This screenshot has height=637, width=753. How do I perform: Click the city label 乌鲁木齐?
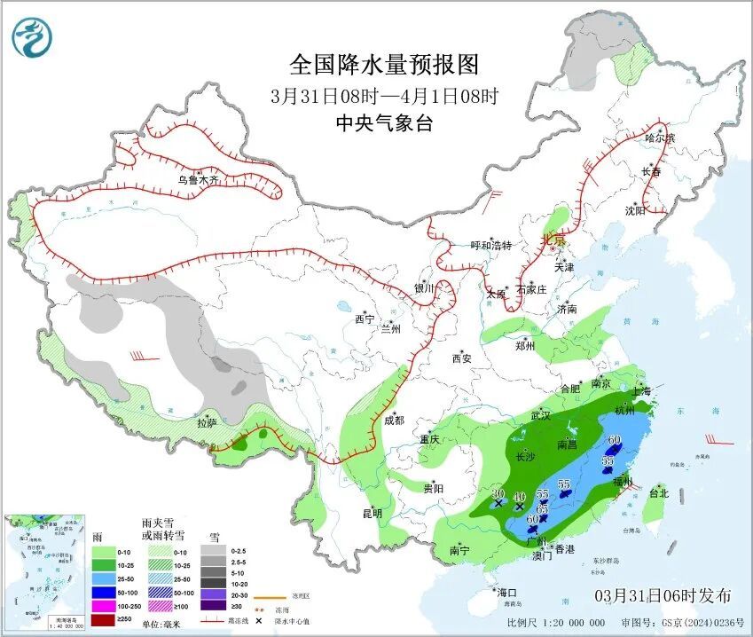197,179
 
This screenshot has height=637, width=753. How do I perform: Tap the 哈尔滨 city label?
660,138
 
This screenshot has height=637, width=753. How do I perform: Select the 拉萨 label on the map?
206,423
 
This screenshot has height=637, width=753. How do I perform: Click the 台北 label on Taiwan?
657,492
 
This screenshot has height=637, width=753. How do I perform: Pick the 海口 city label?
506,592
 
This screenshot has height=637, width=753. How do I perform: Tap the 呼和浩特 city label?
490,245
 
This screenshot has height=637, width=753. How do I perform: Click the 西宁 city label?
365,318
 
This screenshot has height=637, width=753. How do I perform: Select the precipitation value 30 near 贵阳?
498,493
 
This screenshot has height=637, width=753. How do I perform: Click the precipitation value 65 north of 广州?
543,507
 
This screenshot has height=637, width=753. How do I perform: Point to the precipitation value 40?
520,496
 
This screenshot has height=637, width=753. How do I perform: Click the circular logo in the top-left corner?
33,37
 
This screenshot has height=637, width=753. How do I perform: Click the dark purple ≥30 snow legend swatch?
213,607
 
